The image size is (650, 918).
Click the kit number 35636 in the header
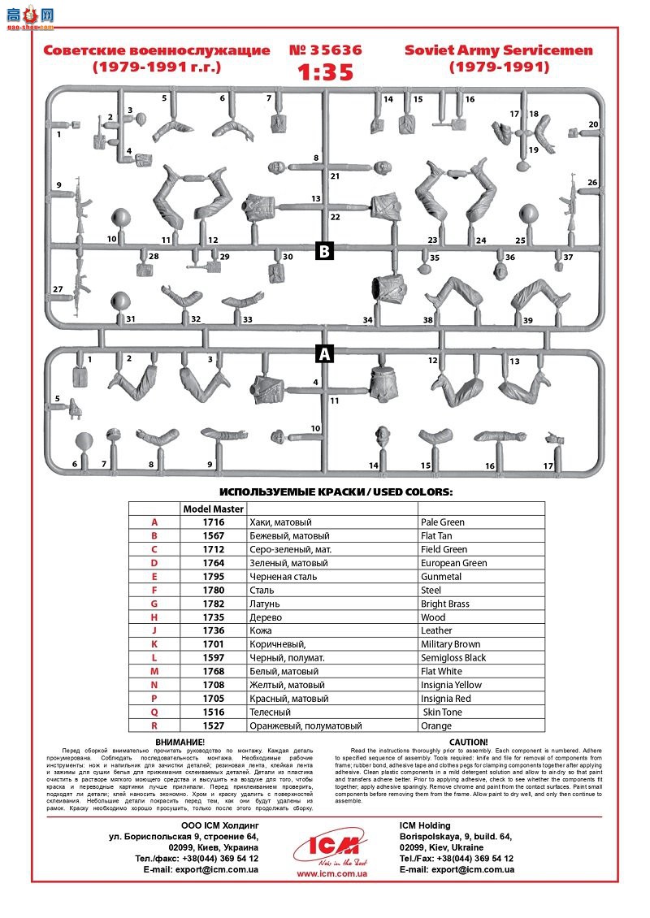point(325,50)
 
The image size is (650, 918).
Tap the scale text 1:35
point(325,71)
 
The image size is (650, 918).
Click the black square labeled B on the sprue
point(324,250)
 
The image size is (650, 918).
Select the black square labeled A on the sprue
point(324,354)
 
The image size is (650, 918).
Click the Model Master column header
point(213,509)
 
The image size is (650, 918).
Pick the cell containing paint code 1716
point(213,522)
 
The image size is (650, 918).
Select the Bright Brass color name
point(448,604)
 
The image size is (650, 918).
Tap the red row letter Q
point(154,712)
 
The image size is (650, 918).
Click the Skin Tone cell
point(443,712)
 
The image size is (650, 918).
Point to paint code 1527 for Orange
point(213,725)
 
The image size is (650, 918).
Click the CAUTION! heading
point(468,742)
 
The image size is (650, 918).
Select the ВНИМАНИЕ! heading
point(180,742)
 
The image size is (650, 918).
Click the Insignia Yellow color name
point(451,685)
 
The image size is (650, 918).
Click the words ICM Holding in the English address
point(425,826)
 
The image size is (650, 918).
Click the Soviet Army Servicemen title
point(499,50)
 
